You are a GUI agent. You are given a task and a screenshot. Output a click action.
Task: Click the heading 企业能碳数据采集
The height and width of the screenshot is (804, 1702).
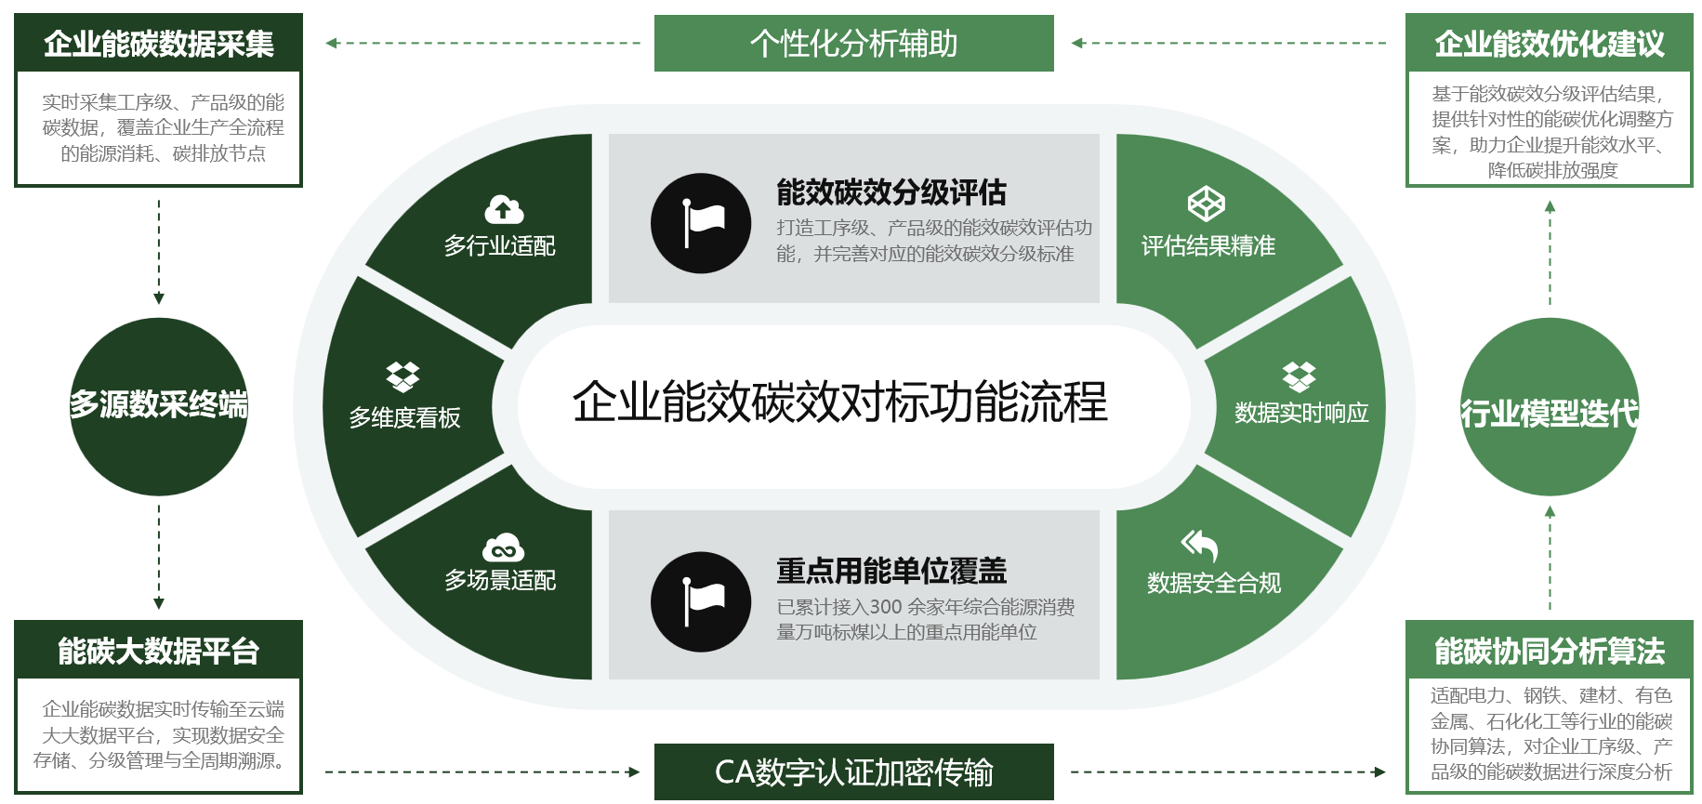pyautogui.click(x=158, y=44)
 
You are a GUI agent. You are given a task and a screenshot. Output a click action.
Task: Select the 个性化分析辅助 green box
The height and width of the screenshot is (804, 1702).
pyautogui.click(x=853, y=44)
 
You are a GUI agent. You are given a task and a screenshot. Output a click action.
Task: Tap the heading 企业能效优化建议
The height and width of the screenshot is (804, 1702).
pyautogui.click(x=1549, y=44)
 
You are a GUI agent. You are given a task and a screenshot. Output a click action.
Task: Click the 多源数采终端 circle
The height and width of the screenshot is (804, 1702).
pyautogui.click(x=159, y=406)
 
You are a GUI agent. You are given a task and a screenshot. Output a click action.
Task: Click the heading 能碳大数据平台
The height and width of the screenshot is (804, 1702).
pyautogui.click(x=158, y=651)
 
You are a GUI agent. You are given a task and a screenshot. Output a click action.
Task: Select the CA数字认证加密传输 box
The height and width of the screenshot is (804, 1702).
pyautogui.click(x=853, y=771)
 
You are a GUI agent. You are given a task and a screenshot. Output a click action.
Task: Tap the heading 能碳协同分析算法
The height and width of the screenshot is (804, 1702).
pyautogui.click(x=1549, y=651)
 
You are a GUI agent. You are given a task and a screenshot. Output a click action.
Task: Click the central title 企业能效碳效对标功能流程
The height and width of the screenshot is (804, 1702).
pyautogui.click(x=839, y=402)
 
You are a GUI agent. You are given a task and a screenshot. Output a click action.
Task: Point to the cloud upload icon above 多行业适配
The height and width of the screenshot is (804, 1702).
pyautogui.click(x=504, y=209)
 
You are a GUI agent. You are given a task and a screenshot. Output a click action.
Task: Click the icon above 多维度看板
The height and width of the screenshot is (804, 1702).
pyautogui.click(x=402, y=376)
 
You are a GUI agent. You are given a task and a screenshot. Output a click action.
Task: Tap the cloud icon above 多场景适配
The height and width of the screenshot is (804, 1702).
pyautogui.click(x=503, y=547)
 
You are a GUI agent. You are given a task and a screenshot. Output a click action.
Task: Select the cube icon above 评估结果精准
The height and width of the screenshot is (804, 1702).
pyautogui.click(x=1207, y=204)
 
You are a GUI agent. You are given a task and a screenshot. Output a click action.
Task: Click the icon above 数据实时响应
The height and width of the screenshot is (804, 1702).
pyautogui.click(x=1299, y=376)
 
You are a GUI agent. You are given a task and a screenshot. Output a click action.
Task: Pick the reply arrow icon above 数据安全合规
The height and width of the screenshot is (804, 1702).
pyautogui.click(x=1199, y=545)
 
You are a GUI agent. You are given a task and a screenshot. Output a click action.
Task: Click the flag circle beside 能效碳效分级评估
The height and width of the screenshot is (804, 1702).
pyautogui.click(x=701, y=223)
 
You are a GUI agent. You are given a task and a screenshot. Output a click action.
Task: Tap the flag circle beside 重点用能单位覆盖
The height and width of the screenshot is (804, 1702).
pyautogui.click(x=701, y=601)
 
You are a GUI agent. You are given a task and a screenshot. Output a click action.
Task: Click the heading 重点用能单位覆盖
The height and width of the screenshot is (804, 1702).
pyautogui.click(x=891, y=571)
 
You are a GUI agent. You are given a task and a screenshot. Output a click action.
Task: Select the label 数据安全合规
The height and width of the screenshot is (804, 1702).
pyautogui.click(x=1214, y=583)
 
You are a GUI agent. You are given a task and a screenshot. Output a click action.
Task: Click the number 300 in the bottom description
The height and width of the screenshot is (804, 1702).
pyautogui.click(x=886, y=607)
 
